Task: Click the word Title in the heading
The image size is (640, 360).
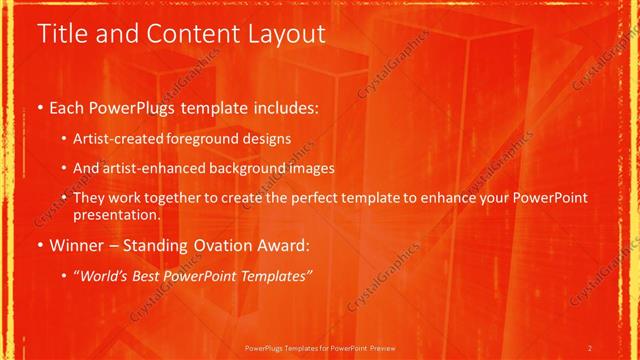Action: (61, 34)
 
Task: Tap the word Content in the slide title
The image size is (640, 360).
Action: (183, 34)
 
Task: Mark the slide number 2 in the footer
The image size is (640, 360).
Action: (591, 347)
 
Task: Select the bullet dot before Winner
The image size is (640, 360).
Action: (39, 244)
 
